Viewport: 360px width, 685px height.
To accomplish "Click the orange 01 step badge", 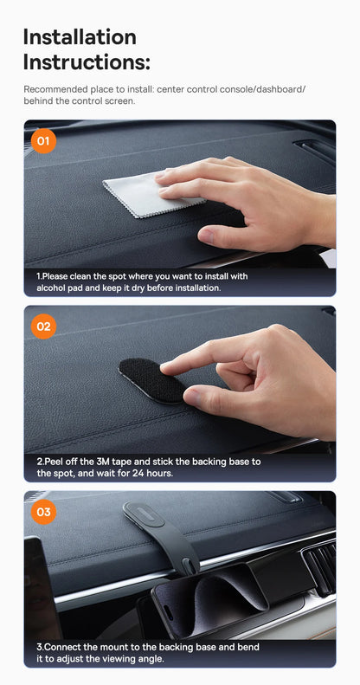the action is (x=43, y=141).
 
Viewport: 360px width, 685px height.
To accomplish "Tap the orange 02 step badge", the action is (x=43, y=326).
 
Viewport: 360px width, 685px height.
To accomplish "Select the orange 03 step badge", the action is (x=43, y=512).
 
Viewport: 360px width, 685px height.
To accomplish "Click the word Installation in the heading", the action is (x=80, y=36).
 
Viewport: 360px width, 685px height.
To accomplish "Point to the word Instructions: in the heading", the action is (x=87, y=62).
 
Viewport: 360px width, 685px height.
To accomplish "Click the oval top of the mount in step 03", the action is (x=144, y=514).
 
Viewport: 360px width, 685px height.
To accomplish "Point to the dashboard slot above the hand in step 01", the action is (x=314, y=150).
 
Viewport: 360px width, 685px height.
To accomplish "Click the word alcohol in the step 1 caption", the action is (x=50, y=288).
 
